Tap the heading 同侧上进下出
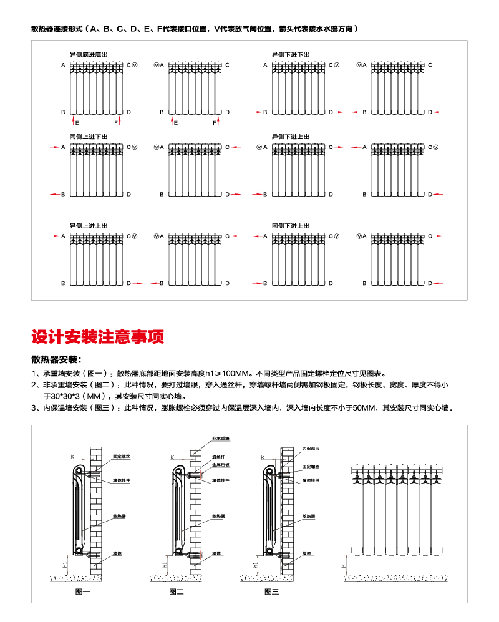coord(87,136)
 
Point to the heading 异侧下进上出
coord(290,136)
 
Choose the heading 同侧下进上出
coord(290,225)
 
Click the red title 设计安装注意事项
coord(98,337)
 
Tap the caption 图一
coord(82,591)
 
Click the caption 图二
coord(177,591)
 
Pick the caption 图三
coord(271,591)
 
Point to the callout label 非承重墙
coord(221,439)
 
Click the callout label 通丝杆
coord(218,457)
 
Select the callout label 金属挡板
coord(220,465)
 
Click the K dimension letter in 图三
coord(263,457)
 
